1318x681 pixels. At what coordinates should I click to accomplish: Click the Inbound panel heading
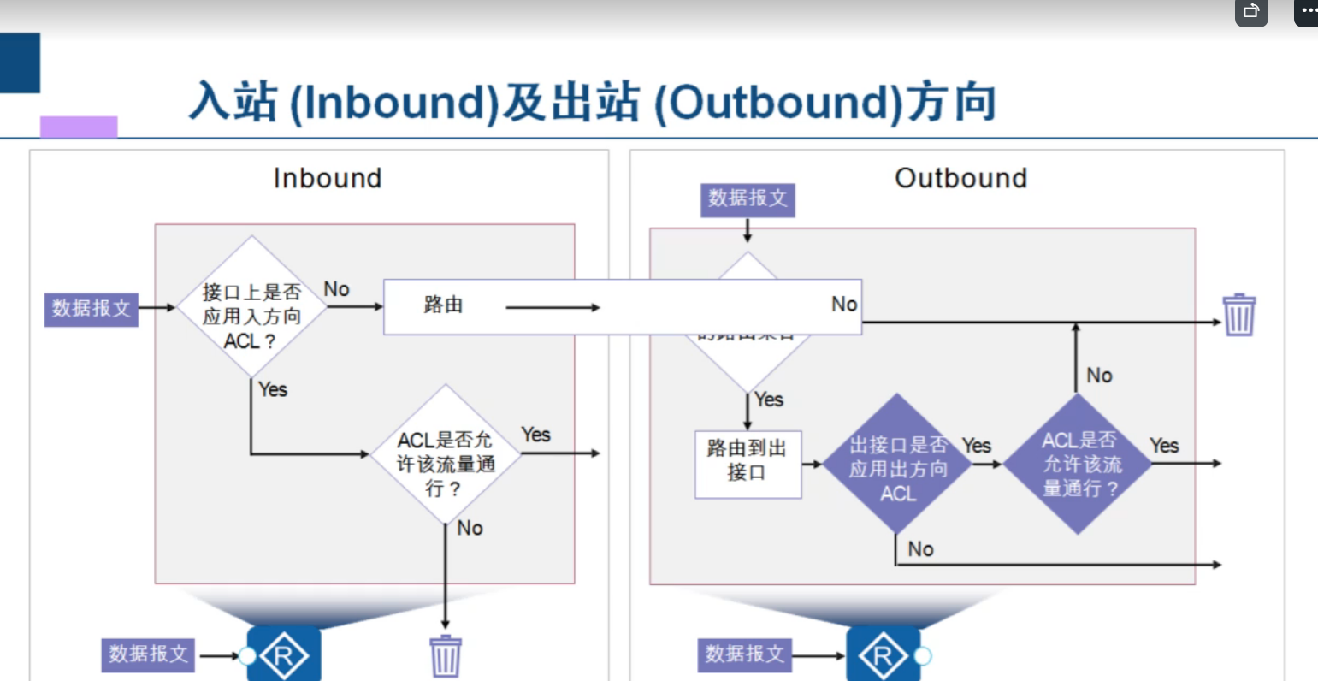(328, 178)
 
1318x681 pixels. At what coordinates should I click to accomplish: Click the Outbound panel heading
(960, 178)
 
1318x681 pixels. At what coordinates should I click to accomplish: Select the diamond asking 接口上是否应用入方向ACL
(251, 307)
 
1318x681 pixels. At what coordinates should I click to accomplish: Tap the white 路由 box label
(443, 305)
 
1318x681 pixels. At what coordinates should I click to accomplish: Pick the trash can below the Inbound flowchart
(446, 656)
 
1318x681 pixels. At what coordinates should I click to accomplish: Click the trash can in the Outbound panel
(1238, 314)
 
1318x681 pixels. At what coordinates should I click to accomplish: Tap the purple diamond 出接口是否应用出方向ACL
(897, 464)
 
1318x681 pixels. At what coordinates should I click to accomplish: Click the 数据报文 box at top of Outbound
(748, 198)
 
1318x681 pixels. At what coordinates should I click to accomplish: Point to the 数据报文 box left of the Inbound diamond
(91, 308)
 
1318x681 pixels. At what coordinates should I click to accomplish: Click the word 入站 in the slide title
(233, 102)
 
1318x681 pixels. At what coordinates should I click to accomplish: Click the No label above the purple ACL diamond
(1099, 376)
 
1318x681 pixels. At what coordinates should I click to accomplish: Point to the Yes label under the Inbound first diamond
(273, 389)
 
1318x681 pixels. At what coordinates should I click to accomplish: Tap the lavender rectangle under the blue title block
(79, 127)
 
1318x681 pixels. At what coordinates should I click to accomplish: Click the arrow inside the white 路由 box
(553, 307)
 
